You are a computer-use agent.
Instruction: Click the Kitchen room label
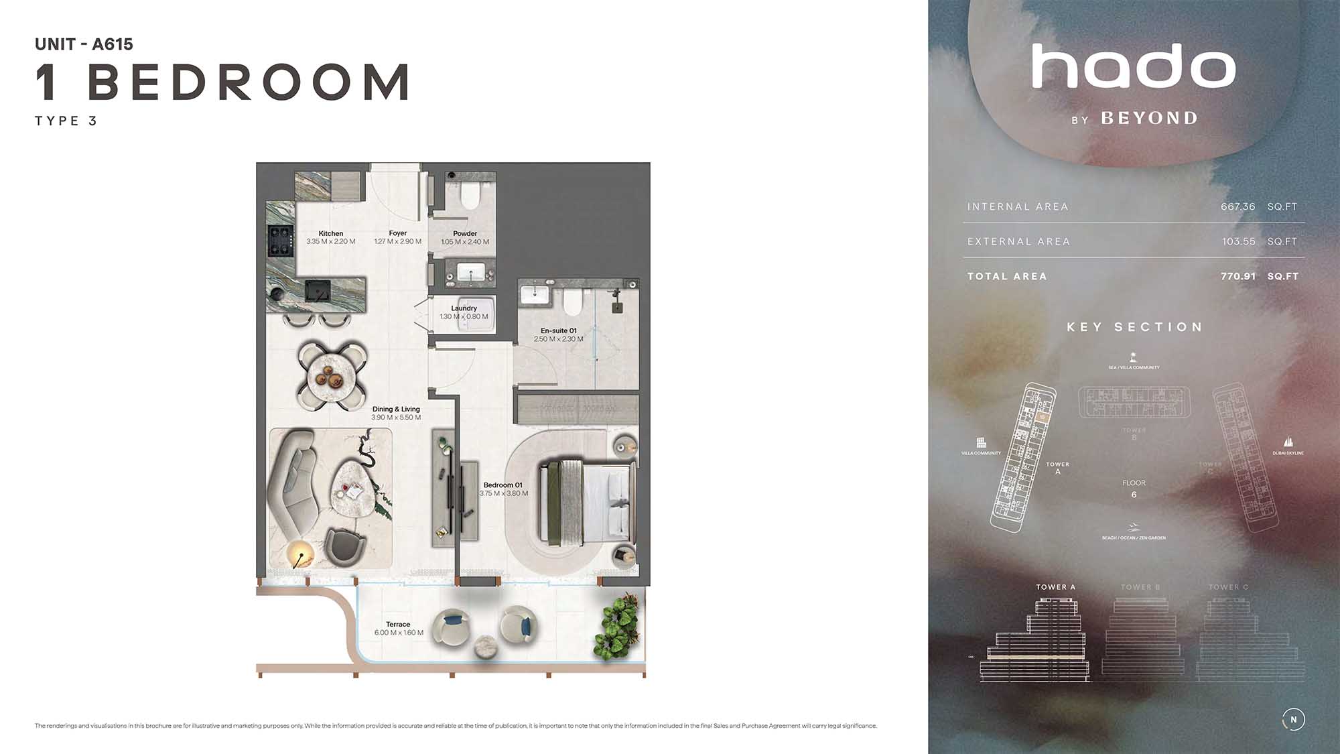[x=331, y=233]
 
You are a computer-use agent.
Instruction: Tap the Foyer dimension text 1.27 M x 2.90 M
[x=398, y=242]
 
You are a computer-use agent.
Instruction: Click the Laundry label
[x=464, y=308]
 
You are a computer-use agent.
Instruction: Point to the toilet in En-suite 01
[x=572, y=302]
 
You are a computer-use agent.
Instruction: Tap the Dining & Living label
[x=396, y=409]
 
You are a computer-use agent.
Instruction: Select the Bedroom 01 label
[x=503, y=485]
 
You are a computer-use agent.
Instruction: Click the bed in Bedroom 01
[x=588, y=499]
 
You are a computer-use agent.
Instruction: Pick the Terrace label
[x=398, y=624]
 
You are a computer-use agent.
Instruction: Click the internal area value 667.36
[x=1237, y=206]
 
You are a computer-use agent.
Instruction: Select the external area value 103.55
[x=1238, y=241]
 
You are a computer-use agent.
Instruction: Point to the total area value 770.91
[x=1237, y=276]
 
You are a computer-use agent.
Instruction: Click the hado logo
[x=1134, y=66]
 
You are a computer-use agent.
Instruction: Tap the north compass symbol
[x=1293, y=719]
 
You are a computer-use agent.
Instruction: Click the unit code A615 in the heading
[x=113, y=44]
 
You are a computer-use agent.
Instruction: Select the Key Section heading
[x=1134, y=327]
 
